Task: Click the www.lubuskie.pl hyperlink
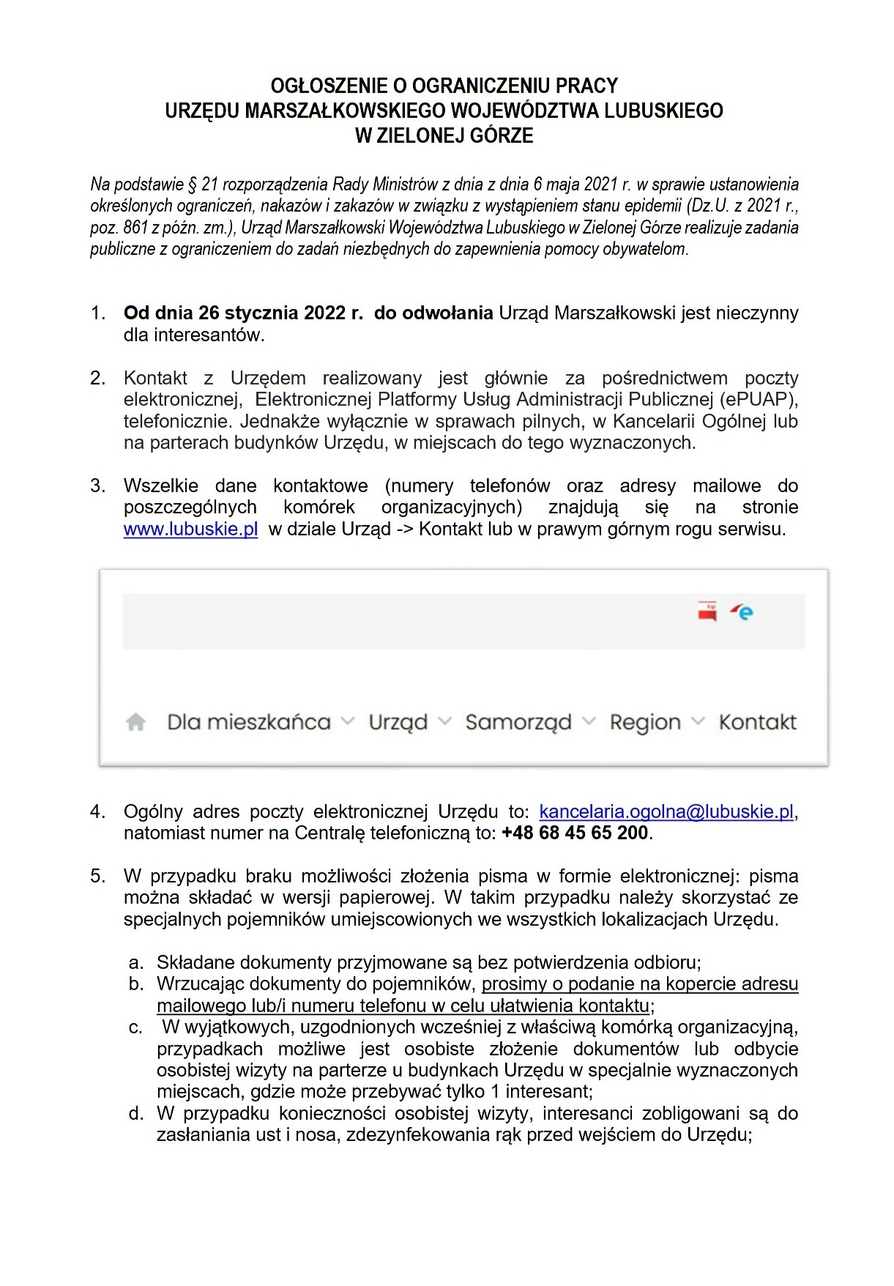coord(190,529)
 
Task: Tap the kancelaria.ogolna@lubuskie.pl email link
coord(666,811)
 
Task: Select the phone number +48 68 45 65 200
coord(575,833)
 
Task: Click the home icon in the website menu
coord(135,722)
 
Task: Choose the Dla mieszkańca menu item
coord(249,722)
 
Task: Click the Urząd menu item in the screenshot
coord(398,722)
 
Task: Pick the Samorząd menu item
coord(518,722)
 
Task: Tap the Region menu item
coord(645,722)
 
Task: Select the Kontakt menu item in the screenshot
coord(757,722)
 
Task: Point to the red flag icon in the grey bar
coord(707,612)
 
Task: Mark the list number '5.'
coord(98,876)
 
